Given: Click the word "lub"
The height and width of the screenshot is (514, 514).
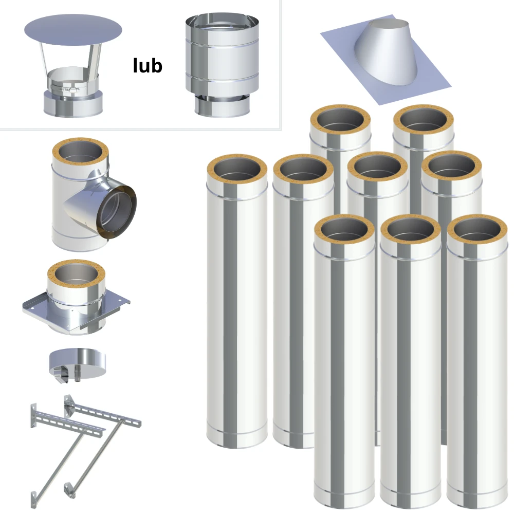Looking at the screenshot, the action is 148,65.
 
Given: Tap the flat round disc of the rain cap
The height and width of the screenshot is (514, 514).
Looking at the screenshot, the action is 73,30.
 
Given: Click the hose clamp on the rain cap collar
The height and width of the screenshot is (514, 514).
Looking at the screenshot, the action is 65,88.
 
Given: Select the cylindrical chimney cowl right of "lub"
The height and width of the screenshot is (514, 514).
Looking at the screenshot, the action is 222,65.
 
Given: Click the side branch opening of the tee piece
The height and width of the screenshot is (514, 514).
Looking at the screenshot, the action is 117,212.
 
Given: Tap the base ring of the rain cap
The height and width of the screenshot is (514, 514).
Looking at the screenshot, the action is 73,104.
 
